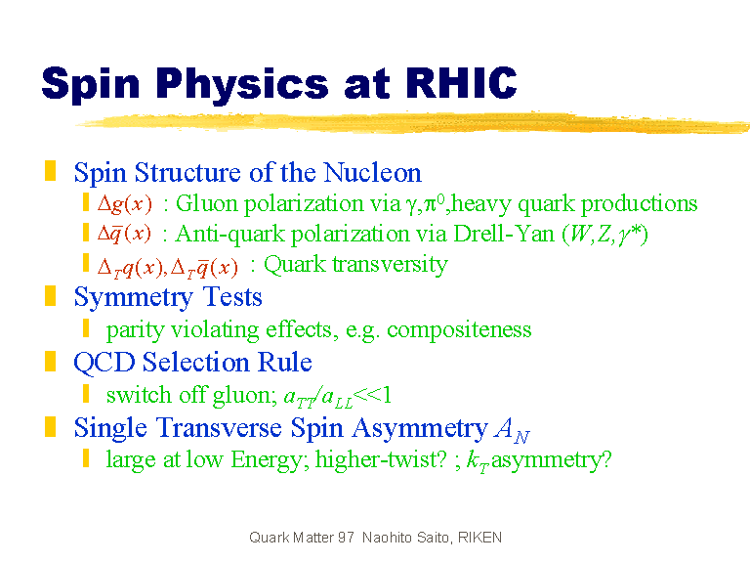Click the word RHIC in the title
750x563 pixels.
462,83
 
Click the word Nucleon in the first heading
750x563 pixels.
372,172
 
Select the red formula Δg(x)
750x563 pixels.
125,204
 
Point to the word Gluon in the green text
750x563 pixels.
207,203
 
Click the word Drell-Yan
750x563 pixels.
504,234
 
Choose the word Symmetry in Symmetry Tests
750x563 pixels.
134,297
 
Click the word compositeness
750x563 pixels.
459,329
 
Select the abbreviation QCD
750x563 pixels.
104,362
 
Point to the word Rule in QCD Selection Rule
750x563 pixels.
285,362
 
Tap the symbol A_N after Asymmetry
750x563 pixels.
513,429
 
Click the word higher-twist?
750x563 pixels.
381,459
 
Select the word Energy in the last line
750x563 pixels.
267,460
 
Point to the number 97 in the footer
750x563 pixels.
346,538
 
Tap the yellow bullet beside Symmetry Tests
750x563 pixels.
50,295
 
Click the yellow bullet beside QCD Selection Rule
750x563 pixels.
50,361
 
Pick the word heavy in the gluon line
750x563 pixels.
481,204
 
